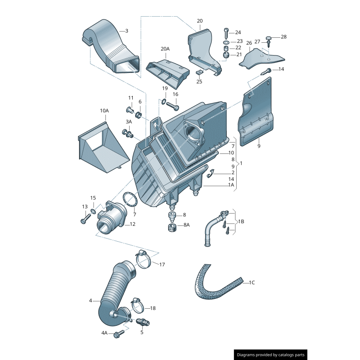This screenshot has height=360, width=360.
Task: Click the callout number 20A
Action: (x=165, y=49)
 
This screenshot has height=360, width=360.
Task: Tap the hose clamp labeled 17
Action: (x=143, y=260)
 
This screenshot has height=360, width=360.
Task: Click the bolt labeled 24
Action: (x=226, y=33)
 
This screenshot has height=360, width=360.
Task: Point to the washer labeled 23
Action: (x=226, y=41)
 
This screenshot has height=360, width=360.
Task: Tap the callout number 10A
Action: (x=104, y=110)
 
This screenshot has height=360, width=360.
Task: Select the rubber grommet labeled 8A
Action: (x=171, y=226)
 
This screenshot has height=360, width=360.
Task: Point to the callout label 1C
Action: (x=252, y=283)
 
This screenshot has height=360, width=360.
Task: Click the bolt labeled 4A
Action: (x=119, y=333)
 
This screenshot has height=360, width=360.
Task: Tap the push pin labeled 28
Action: (x=269, y=38)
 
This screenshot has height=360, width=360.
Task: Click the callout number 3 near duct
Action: (x=126, y=31)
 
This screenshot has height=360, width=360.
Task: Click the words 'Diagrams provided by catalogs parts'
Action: (x=271, y=355)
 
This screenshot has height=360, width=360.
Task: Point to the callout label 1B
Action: (x=241, y=221)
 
